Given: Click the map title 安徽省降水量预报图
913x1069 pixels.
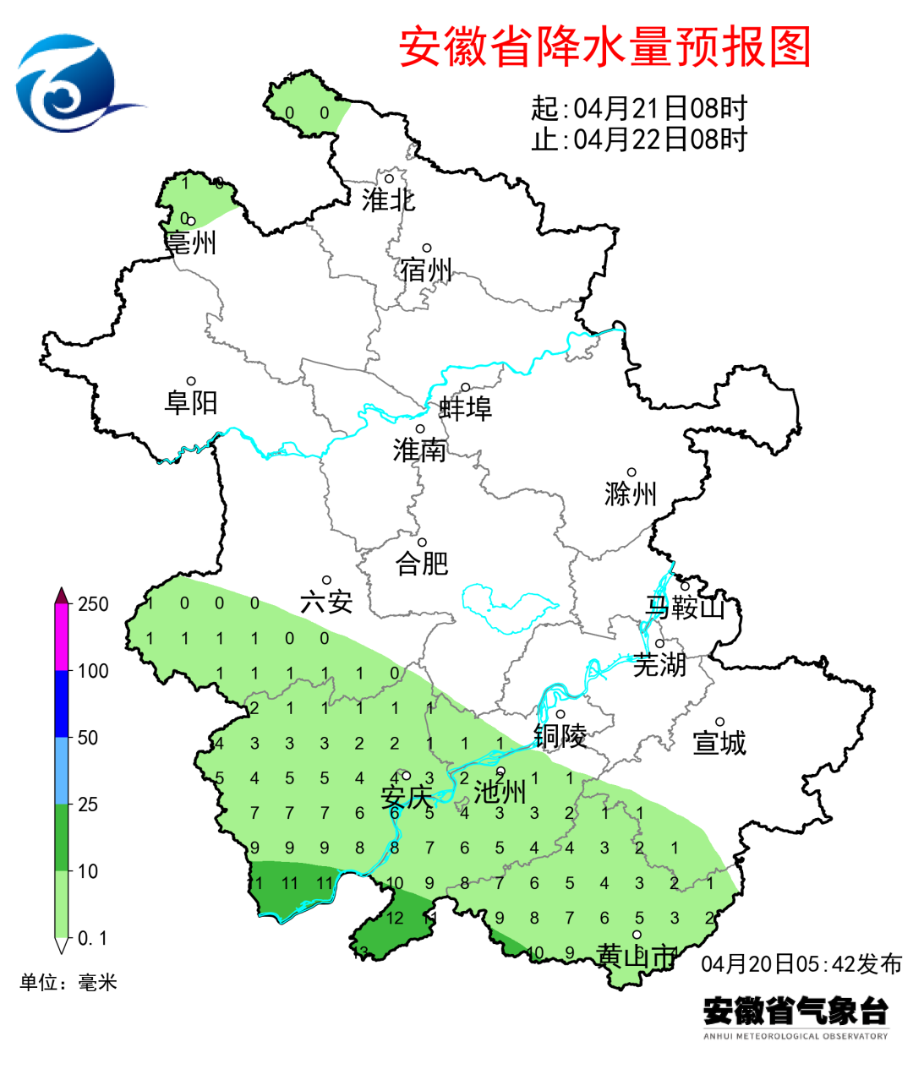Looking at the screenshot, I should pos(604,46).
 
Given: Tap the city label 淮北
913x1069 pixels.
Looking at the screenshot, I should pos(388,200).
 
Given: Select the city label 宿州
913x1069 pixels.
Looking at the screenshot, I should pos(426,270).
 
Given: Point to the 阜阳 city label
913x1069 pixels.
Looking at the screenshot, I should pos(191,402).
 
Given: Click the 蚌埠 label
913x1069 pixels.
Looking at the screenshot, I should pos(465,408).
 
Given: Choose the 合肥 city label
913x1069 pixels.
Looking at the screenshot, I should pos(422,563).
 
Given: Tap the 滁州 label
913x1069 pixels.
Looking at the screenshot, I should pos(631,494).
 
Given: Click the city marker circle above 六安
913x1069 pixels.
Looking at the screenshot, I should pos(326,581).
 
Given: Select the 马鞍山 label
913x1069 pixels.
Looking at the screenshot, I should pos(685,607).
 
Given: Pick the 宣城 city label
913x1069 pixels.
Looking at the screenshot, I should pos(719,743).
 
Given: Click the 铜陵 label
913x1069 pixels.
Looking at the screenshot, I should pos(560,736).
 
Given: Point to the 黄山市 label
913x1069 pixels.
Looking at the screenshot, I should pos(637,957).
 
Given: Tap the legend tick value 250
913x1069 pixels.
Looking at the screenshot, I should pos(93,604).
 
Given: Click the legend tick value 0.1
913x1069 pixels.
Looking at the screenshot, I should pos(92,938).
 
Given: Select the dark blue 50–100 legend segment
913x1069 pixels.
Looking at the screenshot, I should pos(62,704).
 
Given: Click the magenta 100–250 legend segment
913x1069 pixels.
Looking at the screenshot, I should pos(62,638).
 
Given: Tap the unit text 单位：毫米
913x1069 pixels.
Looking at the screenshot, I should pos(68,982).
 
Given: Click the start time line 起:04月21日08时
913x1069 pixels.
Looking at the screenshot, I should pos(639,108).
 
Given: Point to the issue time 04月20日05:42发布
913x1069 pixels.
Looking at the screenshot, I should pos(801,963).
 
